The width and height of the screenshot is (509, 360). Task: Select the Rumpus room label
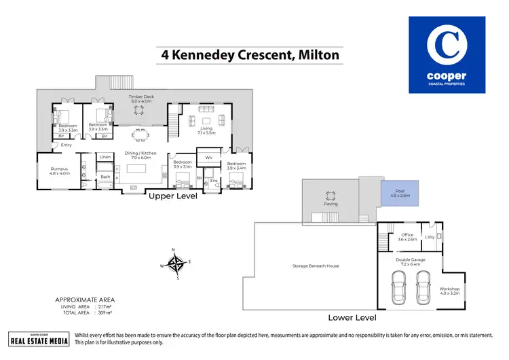click(x=60, y=170)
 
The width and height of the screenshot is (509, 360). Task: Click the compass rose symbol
click(x=176, y=264)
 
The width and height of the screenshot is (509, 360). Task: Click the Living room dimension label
click(x=206, y=132)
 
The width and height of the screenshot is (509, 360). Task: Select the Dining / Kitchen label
click(x=141, y=154)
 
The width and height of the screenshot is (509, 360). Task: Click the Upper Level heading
click(x=173, y=196)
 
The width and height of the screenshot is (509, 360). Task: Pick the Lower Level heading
click(x=352, y=317)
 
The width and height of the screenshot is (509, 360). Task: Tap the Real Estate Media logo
click(x=38, y=338)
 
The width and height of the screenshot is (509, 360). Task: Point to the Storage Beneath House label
click(x=316, y=266)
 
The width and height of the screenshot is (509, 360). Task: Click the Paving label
click(x=331, y=203)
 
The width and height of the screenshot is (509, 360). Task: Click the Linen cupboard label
click(x=105, y=157)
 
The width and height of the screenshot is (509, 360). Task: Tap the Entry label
click(x=66, y=145)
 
